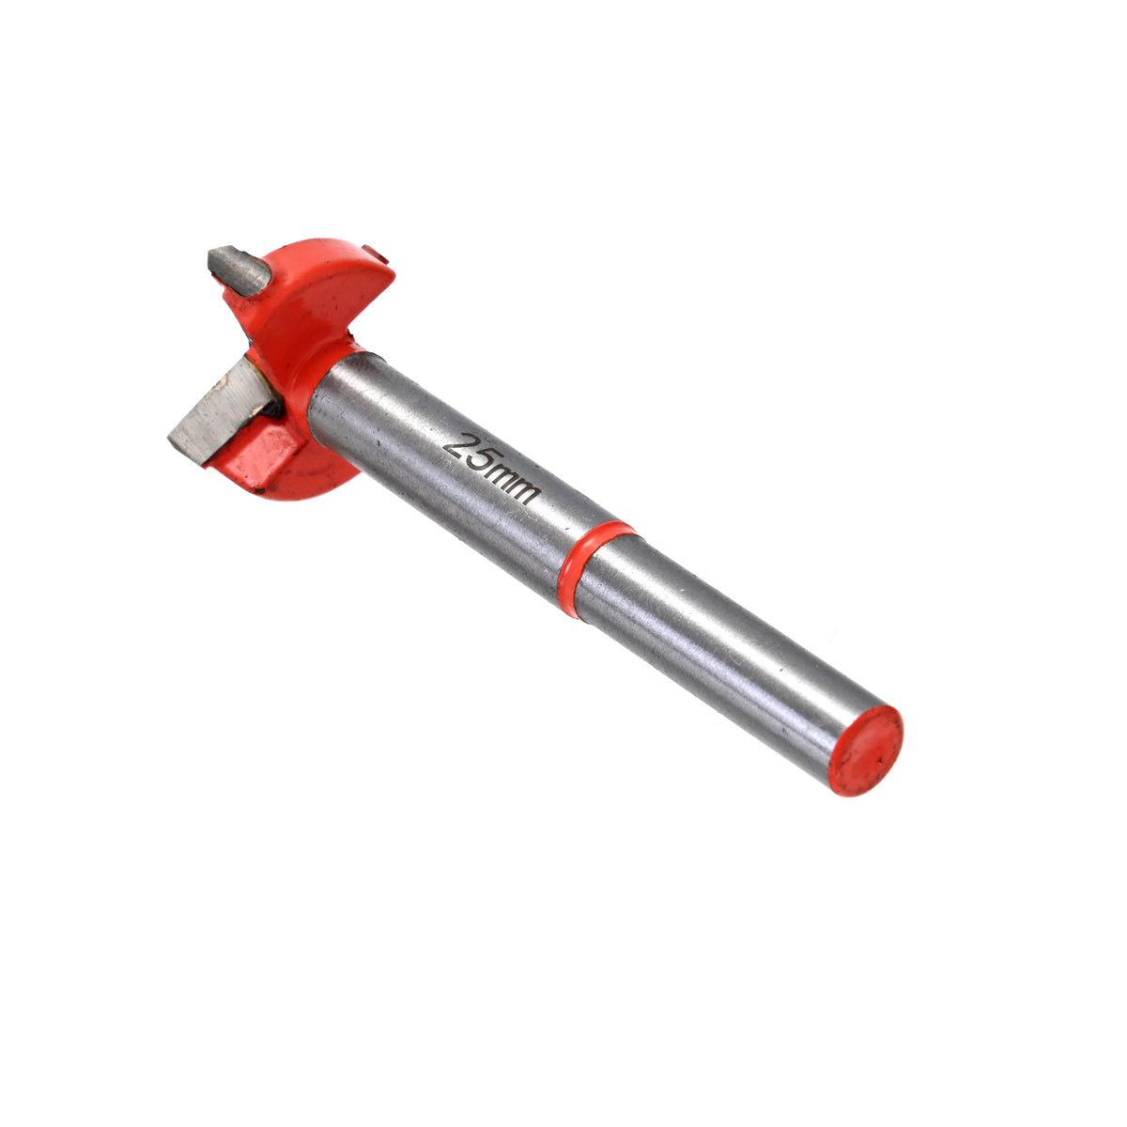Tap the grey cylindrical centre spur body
[x=239, y=270]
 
